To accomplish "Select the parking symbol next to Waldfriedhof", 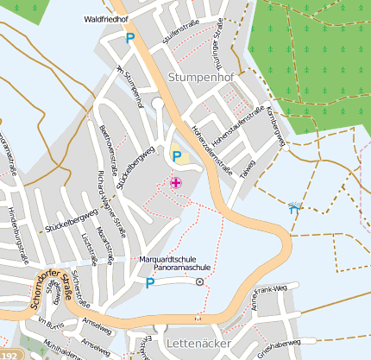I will [x=131, y=38].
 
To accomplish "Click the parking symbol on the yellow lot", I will [x=178, y=156].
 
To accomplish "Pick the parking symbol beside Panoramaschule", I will [x=149, y=282].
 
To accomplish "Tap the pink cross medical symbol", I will [x=176, y=182].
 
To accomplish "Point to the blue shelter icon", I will [x=295, y=207].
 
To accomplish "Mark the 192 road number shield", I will [x=9, y=354].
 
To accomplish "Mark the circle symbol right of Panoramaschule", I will [x=199, y=281].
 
